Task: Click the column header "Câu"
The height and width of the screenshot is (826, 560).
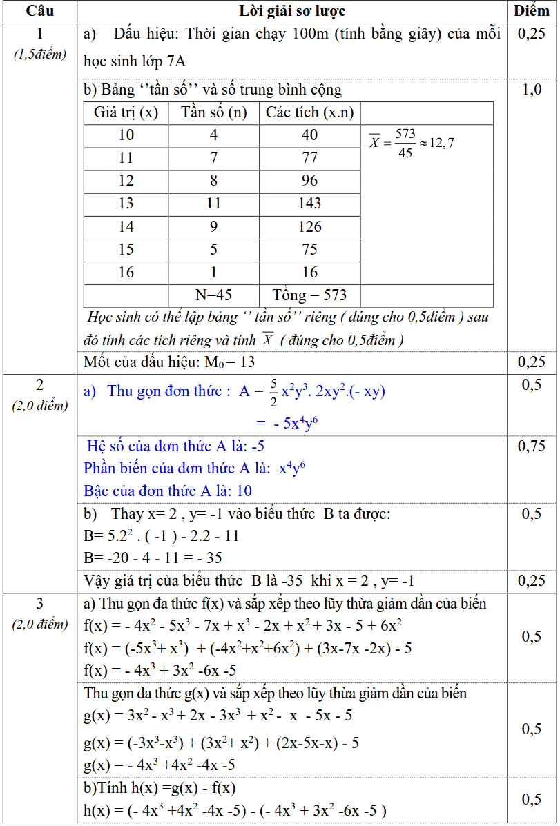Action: [39, 11]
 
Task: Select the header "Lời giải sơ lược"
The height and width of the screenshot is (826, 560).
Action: [292, 11]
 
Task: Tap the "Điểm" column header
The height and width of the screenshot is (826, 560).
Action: [532, 11]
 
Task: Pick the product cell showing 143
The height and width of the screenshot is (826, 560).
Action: [310, 204]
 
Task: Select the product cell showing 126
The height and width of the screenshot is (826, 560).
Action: [310, 226]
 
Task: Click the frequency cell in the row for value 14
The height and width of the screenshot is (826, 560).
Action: [213, 226]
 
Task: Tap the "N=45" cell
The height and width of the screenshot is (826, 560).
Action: [213, 295]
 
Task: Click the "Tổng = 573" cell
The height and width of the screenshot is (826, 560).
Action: [310, 295]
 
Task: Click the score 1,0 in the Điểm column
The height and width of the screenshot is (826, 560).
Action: [532, 90]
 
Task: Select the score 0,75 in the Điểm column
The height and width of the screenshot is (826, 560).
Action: [532, 446]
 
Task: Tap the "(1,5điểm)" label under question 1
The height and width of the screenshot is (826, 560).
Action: [40, 55]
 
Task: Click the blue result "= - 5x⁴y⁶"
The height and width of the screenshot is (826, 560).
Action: [287, 423]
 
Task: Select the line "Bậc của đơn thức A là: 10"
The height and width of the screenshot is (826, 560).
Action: [168, 491]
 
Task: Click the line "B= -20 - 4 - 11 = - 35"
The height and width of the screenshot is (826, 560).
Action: [153, 558]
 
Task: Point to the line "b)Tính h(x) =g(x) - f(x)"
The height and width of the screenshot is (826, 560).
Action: [160, 788]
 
